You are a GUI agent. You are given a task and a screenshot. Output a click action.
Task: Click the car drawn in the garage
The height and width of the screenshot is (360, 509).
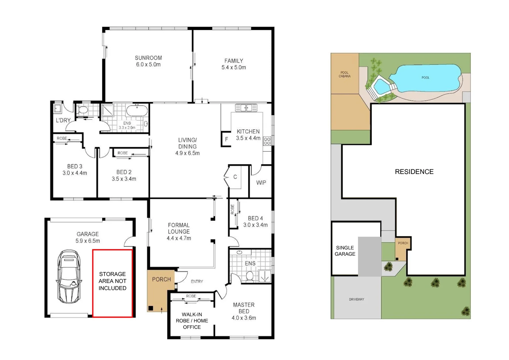(69, 276)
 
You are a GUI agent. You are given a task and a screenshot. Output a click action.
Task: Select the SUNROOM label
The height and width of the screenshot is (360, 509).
(148, 58)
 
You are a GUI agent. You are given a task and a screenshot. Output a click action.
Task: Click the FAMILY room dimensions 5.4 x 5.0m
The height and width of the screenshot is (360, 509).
(234, 67)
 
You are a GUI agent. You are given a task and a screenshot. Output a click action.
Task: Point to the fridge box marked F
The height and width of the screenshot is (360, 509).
(226, 139)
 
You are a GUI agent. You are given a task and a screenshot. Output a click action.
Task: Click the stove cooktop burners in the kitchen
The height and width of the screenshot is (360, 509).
(267, 141)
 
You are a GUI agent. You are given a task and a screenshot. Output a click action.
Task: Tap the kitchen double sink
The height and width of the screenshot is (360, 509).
(246, 108)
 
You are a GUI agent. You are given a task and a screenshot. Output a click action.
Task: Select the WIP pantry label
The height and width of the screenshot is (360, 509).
(261, 183)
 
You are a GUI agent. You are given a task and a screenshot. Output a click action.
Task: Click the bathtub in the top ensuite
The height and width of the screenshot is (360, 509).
(137, 111)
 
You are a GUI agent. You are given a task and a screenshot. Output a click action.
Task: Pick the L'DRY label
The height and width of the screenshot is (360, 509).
(63, 120)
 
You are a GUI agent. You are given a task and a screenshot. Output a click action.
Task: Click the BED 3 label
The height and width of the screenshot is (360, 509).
(75, 166)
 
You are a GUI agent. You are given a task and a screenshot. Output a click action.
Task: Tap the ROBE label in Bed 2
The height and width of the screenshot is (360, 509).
(123, 153)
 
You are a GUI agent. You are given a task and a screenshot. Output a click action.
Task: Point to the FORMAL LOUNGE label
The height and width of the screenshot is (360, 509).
(179, 228)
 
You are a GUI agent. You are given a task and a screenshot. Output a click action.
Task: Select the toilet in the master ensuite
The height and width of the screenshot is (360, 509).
(250, 276)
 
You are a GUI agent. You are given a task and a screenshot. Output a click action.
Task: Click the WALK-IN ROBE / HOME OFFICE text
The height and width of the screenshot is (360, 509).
(192, 321)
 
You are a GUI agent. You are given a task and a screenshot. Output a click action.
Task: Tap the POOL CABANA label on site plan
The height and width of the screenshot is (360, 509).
(344, 74)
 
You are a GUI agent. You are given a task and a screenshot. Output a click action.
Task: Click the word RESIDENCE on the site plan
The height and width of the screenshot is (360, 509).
(414, 172)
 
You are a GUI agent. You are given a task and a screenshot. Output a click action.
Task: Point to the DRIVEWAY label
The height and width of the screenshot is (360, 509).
(356, 299)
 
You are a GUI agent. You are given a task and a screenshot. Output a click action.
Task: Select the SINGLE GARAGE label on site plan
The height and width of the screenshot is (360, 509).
(345, 251)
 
